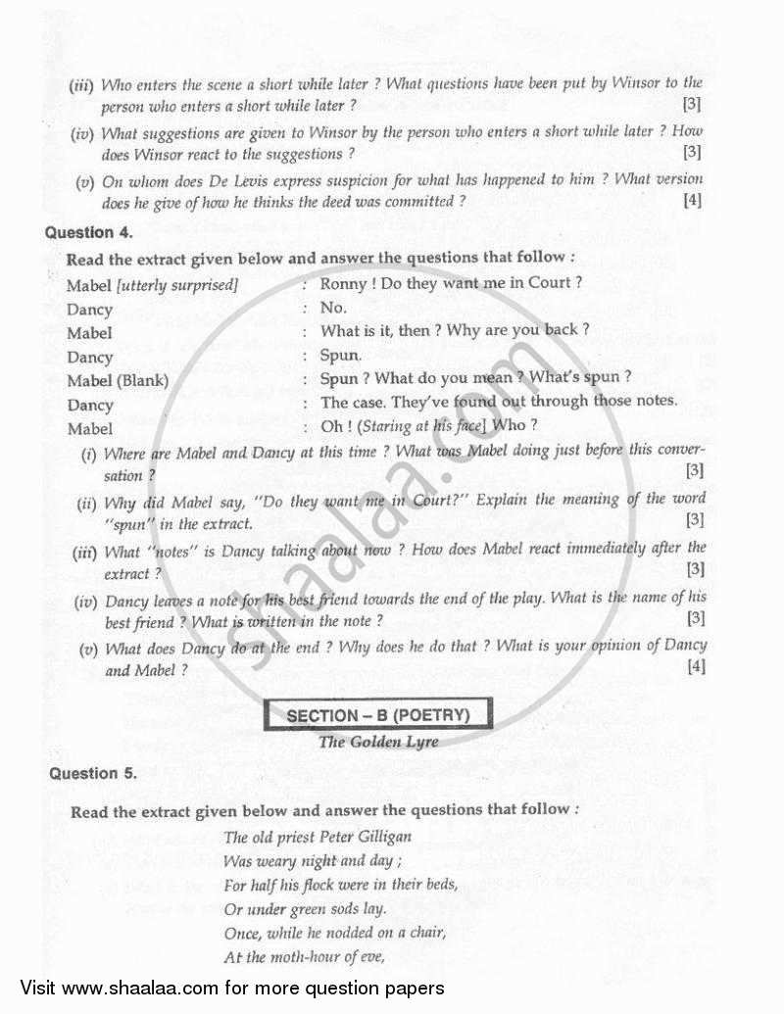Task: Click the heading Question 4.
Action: tap(89, 233)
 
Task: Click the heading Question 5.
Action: tap(93, 773)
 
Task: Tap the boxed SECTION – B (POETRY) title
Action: tap(378, 716)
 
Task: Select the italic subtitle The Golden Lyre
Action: tap(378, 742)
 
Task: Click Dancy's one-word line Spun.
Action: tap(341, 355)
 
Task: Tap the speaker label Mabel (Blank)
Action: tap(118, 380)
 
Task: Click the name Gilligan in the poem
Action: tap(380, 837)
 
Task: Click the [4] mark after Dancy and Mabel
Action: tap(696, 668)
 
